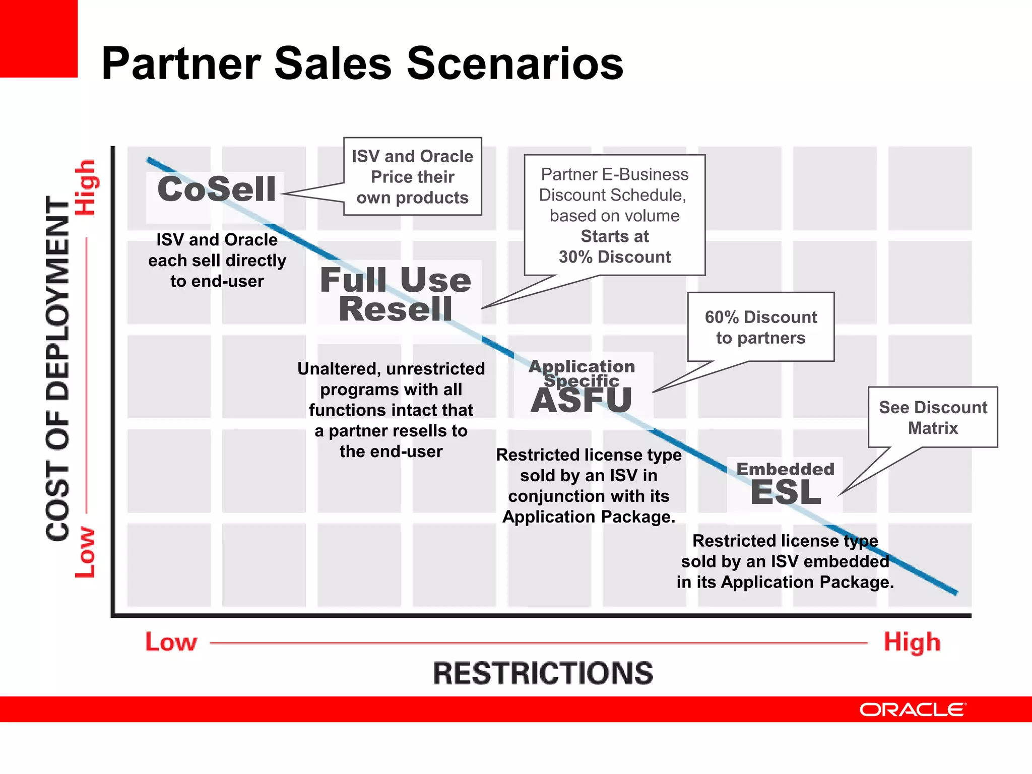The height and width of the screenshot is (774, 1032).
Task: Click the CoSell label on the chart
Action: [217, 189]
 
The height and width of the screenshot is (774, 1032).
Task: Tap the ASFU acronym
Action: [582, 401]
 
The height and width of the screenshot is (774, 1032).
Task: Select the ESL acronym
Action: [786, 493]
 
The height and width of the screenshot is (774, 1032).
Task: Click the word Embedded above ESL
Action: [786, 469]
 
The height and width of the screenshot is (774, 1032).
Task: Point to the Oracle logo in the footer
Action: [913, 709]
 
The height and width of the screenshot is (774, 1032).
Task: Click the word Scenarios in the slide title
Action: [515, 63]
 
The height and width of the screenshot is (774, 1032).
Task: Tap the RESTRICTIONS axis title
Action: [543, 673]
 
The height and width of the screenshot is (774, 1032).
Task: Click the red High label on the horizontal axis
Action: [912, 643]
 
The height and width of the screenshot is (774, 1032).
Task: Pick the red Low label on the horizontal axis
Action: [171, 642]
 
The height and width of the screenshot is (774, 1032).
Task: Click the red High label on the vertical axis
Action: [86, 187]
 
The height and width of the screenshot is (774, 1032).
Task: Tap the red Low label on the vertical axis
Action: [85, 552]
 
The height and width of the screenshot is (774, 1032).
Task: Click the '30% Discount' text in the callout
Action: [615, 257]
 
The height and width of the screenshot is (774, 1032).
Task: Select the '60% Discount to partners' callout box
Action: [761, 328]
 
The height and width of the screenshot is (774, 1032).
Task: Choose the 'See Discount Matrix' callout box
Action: [933, 418]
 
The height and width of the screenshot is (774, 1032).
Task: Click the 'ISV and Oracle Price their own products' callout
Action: [413, 177]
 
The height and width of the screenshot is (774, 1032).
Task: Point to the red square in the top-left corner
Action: [38, 38]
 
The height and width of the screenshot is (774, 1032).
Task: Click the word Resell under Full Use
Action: [396, 309]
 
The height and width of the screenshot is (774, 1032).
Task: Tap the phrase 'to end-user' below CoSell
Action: [217, 281]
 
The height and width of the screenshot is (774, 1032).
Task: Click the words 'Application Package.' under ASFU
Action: [589, 517]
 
